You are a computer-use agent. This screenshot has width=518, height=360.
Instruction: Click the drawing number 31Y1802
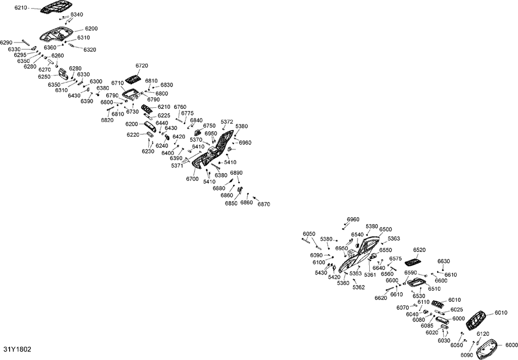point(17,349)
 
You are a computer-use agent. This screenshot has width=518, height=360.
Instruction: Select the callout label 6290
point(6,43)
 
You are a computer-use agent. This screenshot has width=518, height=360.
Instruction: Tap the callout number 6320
point(90,50)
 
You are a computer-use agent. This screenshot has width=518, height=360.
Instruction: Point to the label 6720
point(142,65)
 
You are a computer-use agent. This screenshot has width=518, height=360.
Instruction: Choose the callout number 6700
point(192,179)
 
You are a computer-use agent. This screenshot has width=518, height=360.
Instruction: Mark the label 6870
point(264,204)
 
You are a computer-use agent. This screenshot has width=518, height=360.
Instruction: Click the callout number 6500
point(385,229)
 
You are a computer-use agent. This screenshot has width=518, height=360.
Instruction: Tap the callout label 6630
point(444,261)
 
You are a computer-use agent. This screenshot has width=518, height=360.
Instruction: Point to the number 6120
point(483,334)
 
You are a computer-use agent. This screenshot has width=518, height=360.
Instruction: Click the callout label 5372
point(227,122)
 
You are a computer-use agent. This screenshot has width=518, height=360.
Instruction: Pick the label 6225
point(164,116)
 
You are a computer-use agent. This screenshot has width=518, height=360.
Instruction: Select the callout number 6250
point(45,76)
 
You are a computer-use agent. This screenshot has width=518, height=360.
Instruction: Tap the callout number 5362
point(359,287)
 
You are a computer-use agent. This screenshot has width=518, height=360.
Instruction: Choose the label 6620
point(380,298)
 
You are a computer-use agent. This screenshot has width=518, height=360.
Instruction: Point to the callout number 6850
point(231,204)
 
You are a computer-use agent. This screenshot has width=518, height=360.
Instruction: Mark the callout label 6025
point(457,310)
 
